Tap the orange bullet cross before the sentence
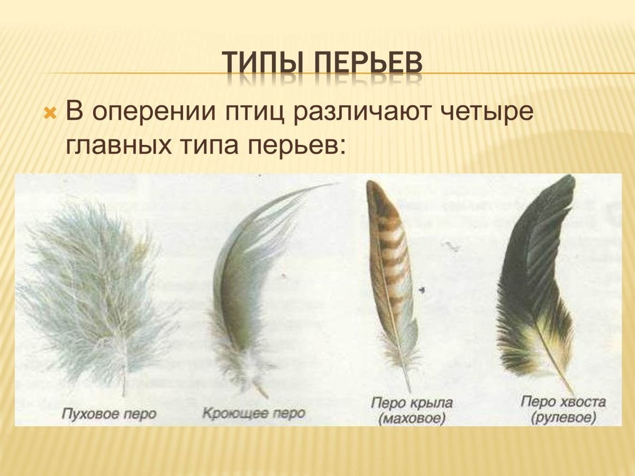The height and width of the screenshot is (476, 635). click(x=50, y=112)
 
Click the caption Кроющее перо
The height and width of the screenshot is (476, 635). click(x=254, y=413)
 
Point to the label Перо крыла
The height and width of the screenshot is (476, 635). click(x=412, y=402)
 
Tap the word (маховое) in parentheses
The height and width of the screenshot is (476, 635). click(x=412, y=419)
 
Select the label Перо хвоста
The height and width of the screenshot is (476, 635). click(x=562, y=402)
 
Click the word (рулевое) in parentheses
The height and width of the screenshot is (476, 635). click(x=562, y=418)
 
